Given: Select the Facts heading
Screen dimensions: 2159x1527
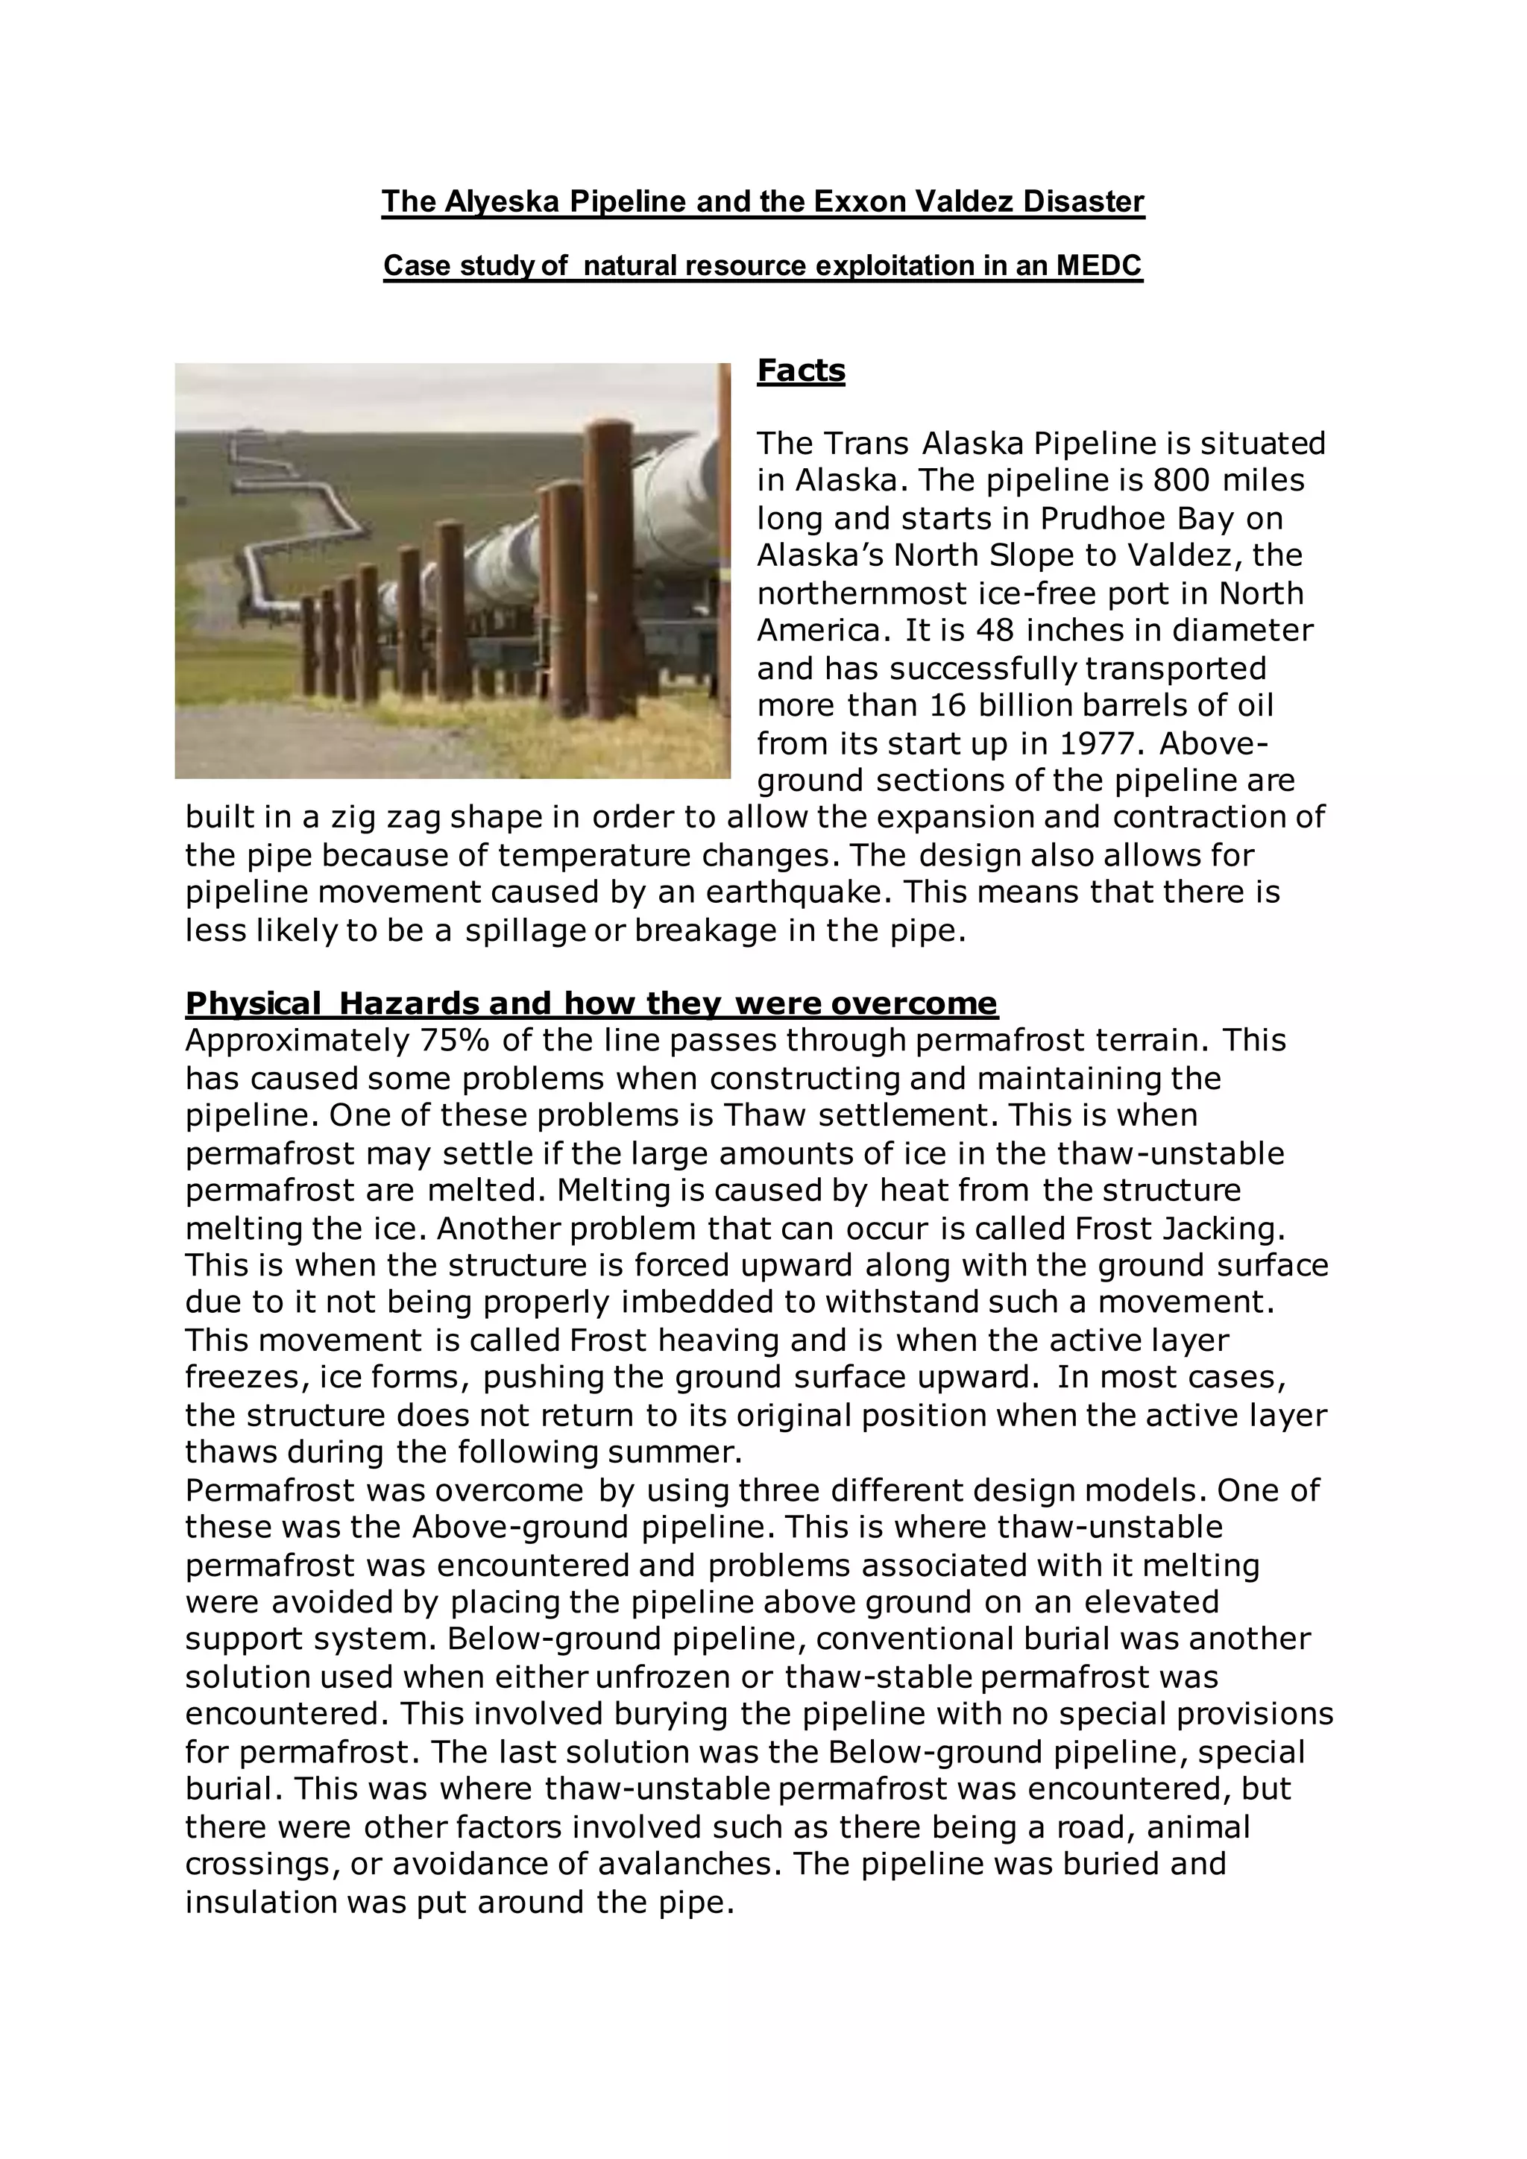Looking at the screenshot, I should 801,371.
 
